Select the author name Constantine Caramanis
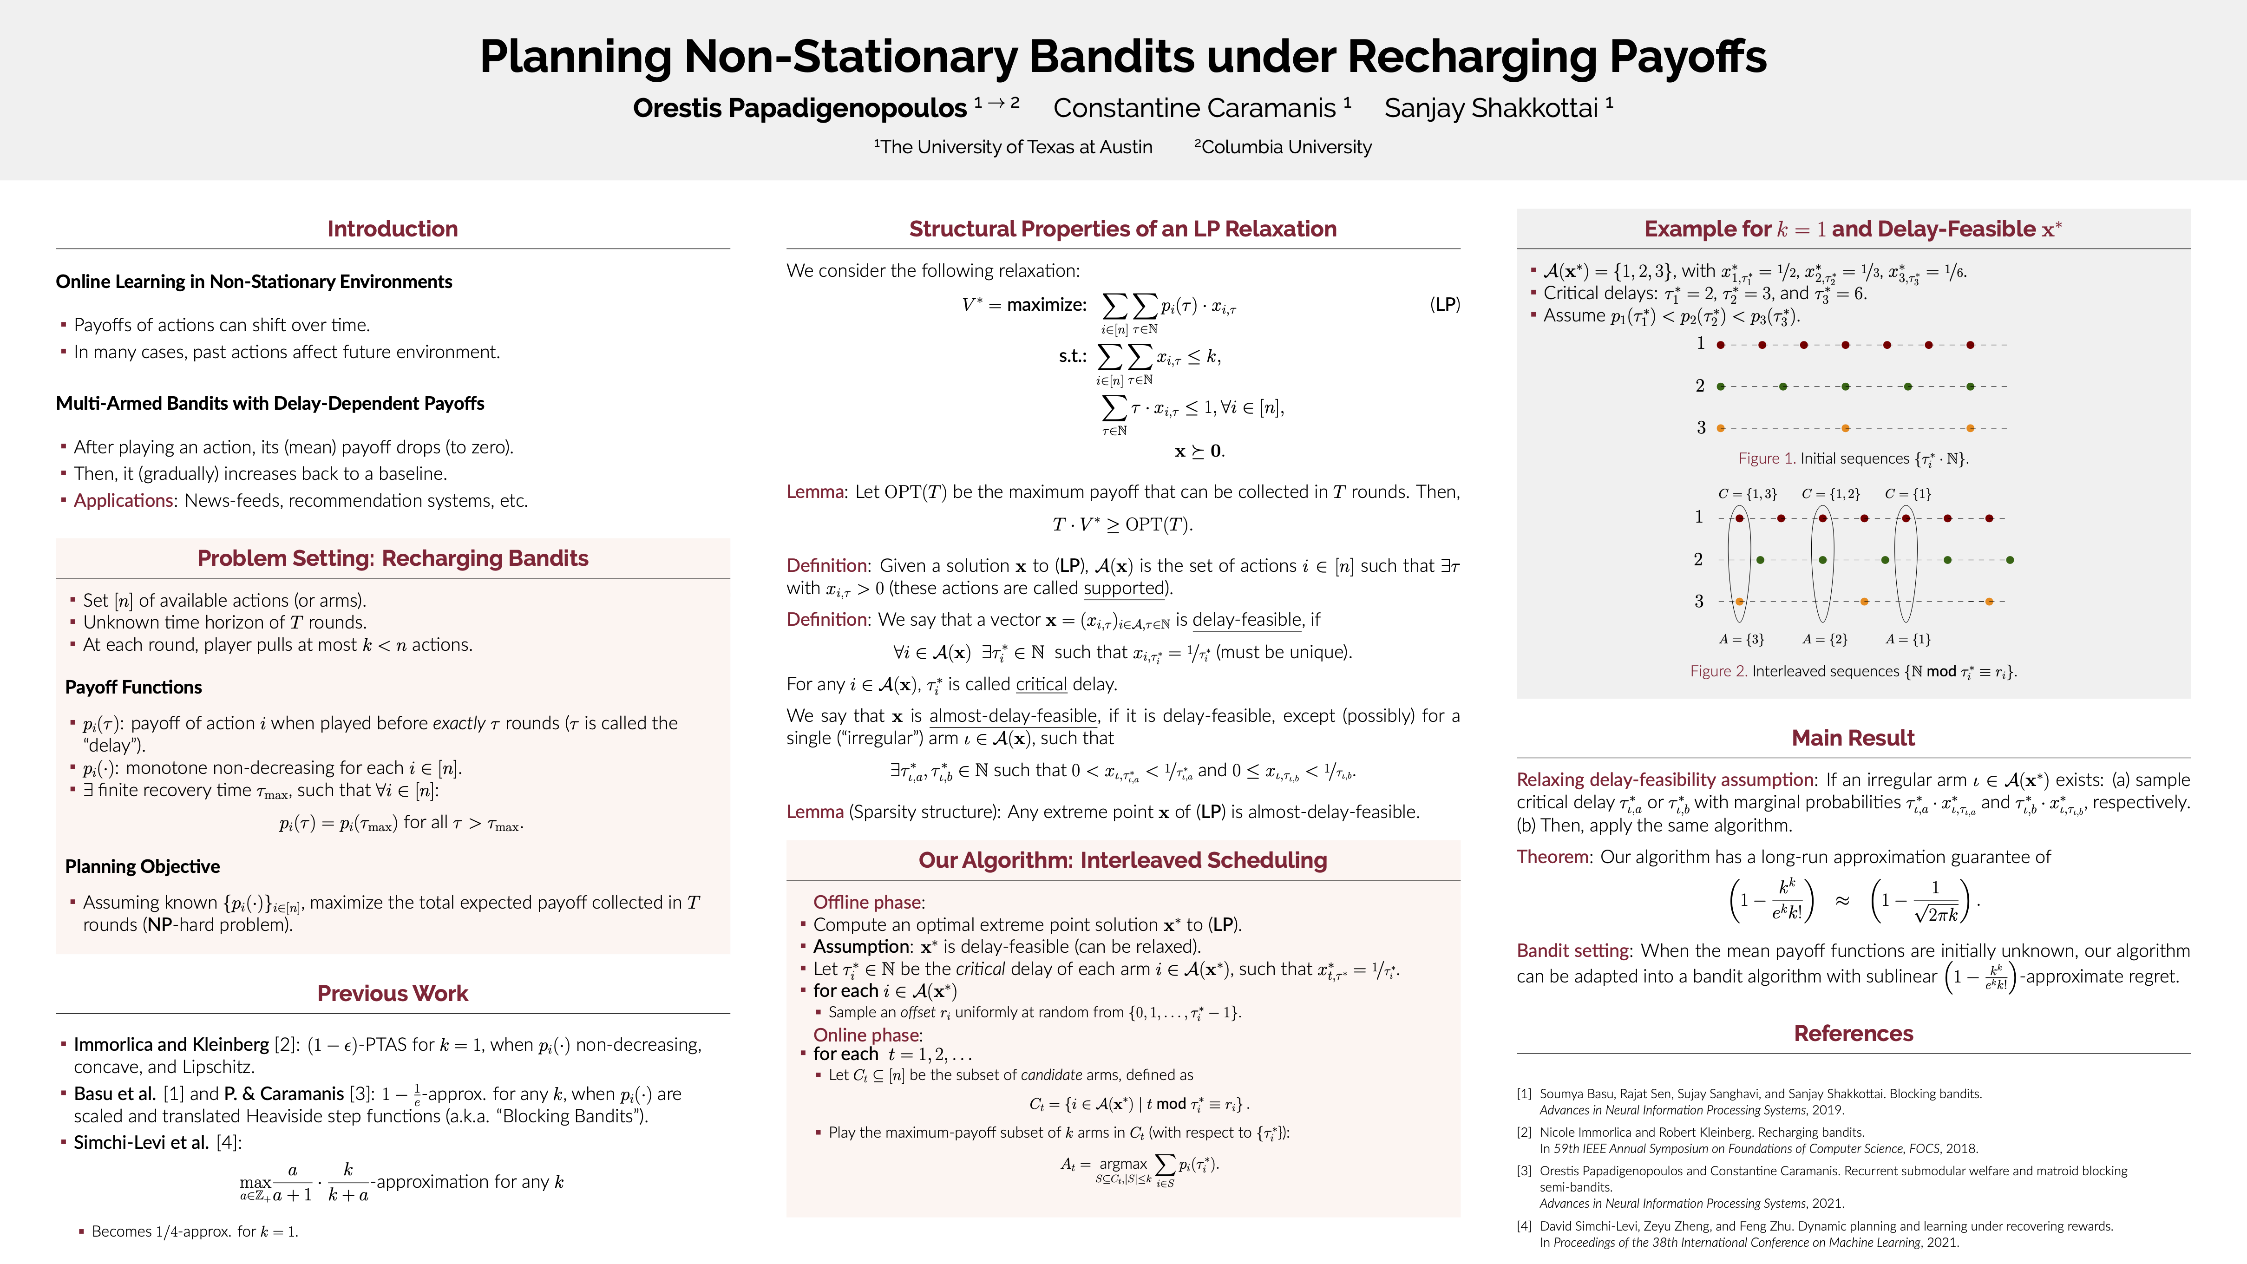point(1194,108)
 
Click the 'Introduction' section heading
point(393,229)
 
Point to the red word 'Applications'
point(123,501)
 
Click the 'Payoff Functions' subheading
point(133,688)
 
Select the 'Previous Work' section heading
point(393,994)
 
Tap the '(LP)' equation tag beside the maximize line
point(1445,304)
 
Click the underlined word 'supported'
point(1123,588)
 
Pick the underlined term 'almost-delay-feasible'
point(1013,716)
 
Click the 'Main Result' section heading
point(1853,738)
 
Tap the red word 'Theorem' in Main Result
point(1553,857)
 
